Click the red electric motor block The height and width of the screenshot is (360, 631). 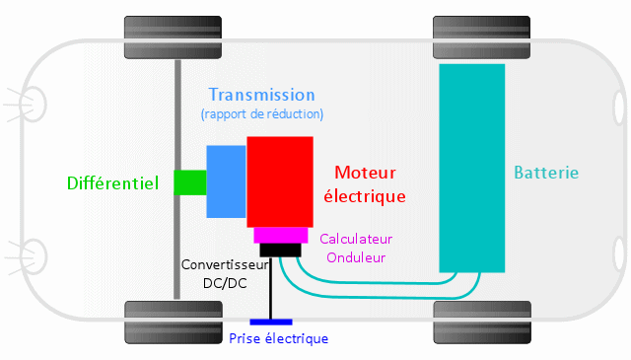click(x=279, y=182)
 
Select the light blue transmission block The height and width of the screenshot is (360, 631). click(x=226, y=180)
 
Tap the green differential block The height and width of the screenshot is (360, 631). click(x=190, y=181)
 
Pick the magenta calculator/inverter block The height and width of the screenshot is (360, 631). click(x=281, y=235)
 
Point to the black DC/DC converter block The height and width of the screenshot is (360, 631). click(x=281, y=250)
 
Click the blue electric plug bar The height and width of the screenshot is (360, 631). click(x=270, y=322)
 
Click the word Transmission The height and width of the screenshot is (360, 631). click(x=261, y=95)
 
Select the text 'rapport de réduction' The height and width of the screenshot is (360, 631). click(x=261, y=114)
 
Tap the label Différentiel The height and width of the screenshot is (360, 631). click(x=112, y=182)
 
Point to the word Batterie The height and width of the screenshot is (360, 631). click(x=546, y=173)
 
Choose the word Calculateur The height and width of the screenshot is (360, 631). click(x=356, y=239)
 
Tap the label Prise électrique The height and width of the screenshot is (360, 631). click(x=278, y=338)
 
